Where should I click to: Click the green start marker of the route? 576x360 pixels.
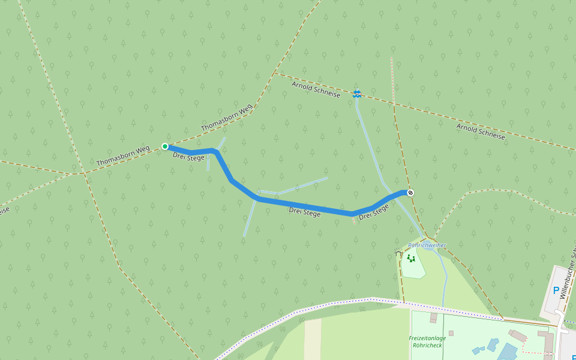(x=165, y=146)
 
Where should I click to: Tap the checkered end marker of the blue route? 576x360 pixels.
(x=410, y=193)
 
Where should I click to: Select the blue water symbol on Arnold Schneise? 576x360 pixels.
(x=356, y=93)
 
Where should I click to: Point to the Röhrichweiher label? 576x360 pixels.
(x=427, y=245)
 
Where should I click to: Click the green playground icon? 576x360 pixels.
(x=411, y=259)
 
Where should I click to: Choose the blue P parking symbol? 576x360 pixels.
(x=556, y=290)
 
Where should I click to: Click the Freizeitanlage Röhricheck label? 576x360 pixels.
(x=427, y=342)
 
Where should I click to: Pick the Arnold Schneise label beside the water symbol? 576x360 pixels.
(x=316, y=90)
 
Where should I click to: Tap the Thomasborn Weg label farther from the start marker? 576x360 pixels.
(x=226, y=118)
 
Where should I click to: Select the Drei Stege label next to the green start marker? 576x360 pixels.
(x=188, y=156)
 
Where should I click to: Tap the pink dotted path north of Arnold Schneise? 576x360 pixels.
(x=392, y=78)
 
